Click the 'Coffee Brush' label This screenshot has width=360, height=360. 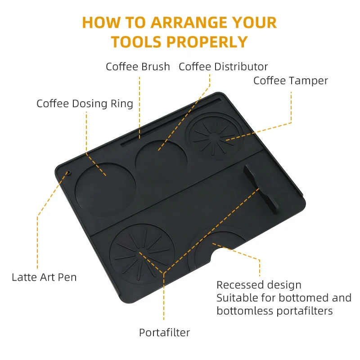coord(138,67)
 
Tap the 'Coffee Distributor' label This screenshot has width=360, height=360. coord(223,67)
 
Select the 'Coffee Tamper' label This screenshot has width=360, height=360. coord(290,81)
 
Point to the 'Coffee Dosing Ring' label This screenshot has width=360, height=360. coord(85,104)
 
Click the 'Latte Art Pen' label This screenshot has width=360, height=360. coord(44,277)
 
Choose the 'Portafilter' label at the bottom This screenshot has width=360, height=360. coord(164,333)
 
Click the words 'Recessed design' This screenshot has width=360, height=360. coord(259,285)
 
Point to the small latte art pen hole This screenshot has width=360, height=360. coord(68,173)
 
